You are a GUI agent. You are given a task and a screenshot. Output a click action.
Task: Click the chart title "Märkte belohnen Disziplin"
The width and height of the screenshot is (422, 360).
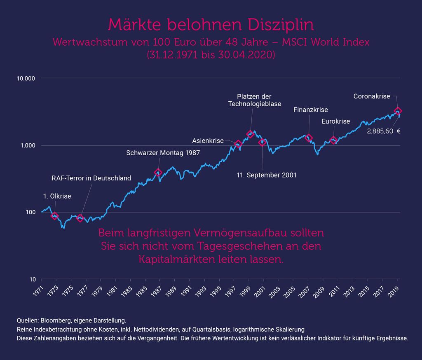[211, 24]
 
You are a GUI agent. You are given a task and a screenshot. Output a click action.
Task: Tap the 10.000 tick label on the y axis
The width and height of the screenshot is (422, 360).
[26, 79]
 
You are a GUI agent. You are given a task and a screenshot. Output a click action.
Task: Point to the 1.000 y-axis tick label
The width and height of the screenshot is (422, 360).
[28, 145]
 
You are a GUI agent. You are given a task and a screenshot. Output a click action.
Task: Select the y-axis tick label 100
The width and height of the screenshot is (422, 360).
[30, 212]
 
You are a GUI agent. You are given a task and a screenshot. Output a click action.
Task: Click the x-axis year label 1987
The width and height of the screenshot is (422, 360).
[156, 291]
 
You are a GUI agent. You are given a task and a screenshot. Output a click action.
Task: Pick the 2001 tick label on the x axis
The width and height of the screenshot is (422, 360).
[260, 291]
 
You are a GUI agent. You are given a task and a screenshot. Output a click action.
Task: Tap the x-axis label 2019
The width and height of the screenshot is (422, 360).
[394, 291]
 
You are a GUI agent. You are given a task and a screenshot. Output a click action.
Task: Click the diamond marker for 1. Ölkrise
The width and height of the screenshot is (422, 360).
[55, 216]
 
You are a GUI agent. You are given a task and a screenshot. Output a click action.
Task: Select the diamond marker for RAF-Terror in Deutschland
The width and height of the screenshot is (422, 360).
[80, 218]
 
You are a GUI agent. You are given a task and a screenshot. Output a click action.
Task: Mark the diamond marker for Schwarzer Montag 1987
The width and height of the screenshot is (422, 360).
[158, 173]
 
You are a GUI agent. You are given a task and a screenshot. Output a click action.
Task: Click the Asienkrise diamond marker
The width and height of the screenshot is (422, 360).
[238, 144]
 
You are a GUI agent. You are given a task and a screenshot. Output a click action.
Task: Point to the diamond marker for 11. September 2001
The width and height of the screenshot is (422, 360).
[263, 143]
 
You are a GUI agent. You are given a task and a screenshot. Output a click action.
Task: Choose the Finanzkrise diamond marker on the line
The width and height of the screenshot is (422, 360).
[308, 138]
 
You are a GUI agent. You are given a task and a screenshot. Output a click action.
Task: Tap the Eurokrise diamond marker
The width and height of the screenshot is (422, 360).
[333, 140]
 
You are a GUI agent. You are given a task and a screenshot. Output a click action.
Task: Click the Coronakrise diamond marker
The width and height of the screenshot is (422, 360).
[398, 111]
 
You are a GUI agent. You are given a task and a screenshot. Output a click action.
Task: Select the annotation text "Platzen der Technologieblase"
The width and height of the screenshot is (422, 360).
[255, 100]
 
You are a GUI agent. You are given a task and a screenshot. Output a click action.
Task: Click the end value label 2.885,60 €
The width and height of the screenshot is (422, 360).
[384, 131]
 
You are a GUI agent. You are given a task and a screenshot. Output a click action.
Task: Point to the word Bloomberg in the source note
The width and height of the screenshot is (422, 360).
[56, 321]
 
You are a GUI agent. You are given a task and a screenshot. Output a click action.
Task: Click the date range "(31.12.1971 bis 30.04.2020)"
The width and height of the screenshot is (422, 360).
[211, 55]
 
